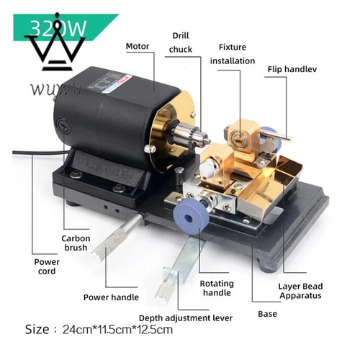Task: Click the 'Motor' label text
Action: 138,46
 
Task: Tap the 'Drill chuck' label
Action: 181,42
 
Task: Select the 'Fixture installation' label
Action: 233,54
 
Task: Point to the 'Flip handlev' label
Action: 292,69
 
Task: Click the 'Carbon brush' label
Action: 76,243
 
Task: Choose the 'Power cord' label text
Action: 47,266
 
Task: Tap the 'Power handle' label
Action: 111,297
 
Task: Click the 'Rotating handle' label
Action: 217,288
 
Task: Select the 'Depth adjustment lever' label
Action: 186,318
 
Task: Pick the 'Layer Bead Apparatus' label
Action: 300,291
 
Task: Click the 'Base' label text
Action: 267,314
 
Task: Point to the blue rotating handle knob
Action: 189,218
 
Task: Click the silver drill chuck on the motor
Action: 192,135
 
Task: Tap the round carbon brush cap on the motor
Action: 63,126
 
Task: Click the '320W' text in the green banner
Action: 58,28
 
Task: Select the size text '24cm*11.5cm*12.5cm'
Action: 117,330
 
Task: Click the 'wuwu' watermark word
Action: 55,89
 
